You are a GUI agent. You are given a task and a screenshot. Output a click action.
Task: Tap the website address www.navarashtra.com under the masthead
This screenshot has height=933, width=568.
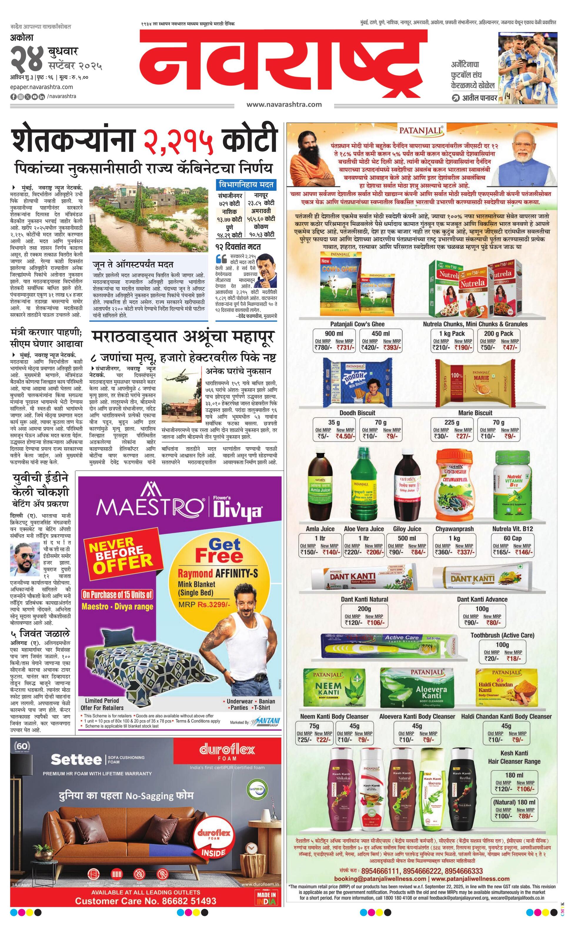coord(284,104)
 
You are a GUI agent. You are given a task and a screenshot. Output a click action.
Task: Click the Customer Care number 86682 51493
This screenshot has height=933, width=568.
coord(146,901)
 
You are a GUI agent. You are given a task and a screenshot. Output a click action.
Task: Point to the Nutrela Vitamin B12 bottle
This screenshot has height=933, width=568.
coord(514,488)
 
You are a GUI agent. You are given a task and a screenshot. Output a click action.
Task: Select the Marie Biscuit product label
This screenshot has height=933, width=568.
coord(475,413)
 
